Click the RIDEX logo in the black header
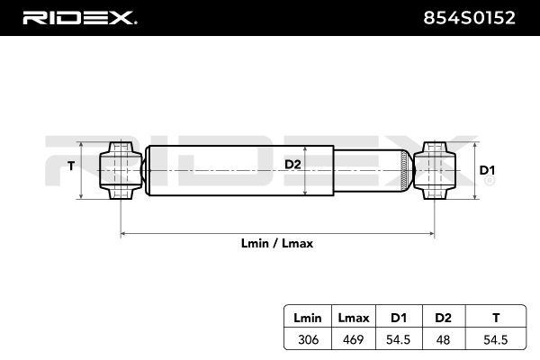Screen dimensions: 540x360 click(79, 18)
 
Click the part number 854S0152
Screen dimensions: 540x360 click(469, 18)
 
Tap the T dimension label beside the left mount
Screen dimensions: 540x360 click(71, 166)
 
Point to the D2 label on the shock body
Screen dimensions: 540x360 click(292, 165)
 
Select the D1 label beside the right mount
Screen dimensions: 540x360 click(487, 170)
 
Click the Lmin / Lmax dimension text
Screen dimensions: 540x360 click(277, 244)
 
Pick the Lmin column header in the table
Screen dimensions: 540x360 click(308, 318)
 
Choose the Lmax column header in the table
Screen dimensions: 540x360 click(354, 318)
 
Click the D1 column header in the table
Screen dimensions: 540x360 click(399, 318)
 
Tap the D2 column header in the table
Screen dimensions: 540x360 click(443, 318)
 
